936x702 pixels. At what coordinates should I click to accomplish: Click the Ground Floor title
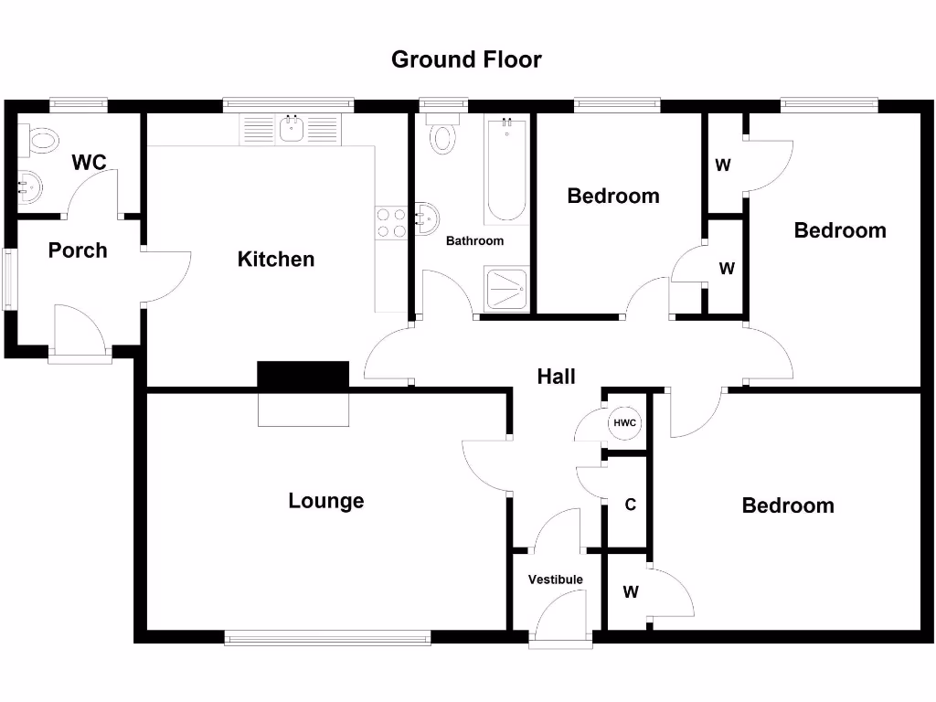(466, 59)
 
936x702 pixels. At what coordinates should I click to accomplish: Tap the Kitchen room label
(275, 260)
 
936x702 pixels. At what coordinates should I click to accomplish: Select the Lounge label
(325, 501)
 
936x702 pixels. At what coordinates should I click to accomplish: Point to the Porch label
(78, 250)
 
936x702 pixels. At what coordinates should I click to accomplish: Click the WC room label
(90, 163)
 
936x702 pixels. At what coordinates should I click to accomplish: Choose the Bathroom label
(474, 241)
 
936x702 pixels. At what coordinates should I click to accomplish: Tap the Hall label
(556, 376)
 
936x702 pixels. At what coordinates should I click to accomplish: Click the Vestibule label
(555, 580)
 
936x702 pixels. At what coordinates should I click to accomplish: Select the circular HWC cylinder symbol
(625, 423)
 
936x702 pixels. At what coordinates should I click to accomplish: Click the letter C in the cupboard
(630, 505)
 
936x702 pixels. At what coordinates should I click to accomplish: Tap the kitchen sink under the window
(292, 130)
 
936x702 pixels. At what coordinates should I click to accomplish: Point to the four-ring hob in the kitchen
(392, 223)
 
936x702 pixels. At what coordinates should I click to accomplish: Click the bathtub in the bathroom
(505, 170)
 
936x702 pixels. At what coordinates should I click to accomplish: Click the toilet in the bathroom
(443, 134)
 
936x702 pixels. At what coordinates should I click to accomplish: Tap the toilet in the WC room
(40, 140)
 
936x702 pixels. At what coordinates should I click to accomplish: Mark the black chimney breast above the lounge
(303, 375)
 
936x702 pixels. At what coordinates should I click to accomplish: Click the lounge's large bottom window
(327, 638)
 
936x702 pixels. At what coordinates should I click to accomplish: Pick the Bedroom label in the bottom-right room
(787, 505)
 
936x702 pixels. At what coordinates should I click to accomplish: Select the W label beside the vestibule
(631, 592)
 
